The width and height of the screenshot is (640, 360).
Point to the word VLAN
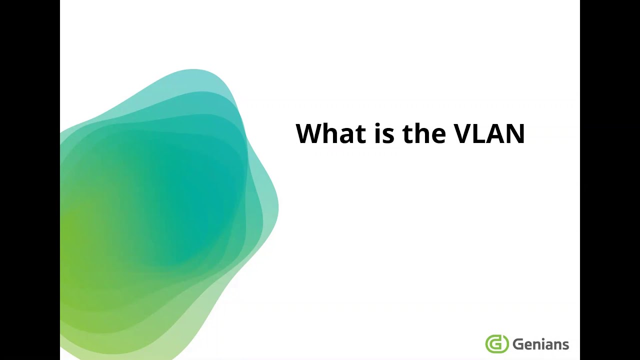pyautogui.click(x=489, y=133)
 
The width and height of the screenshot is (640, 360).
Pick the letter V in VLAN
pyautogui.click(x=464, y=133)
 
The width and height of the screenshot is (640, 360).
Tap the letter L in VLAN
pyautogui.click(x=482, y=133)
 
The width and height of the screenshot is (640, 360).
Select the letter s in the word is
pyautogui.click(x=388, y=136)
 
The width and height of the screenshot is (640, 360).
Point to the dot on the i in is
pyautogui.click(x=377, y=124)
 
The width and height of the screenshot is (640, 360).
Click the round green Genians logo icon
pyautogui.click(x=496, y=344)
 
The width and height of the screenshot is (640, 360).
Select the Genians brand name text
pyautogui.click(x=540, y=344)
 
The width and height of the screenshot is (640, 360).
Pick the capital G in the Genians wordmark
pyautogui.click(x=517, y=344)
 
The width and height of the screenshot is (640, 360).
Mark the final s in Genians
pyautogui.click(x=565, y=345)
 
